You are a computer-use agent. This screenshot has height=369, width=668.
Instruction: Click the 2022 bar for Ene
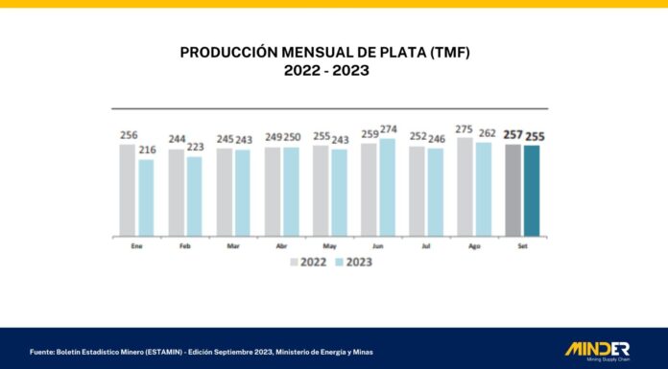[128, 190]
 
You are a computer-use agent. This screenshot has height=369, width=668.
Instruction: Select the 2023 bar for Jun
[387, 187]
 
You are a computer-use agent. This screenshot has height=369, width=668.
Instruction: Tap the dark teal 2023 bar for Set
[531, 191]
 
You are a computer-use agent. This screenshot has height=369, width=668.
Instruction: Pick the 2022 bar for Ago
[465, 187]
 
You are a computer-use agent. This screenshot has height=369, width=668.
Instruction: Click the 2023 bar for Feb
[194, 196]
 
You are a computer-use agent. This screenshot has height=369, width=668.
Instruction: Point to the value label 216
[146, 150]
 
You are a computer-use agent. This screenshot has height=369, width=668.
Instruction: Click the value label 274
[387, 130]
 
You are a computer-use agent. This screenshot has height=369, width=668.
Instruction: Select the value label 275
[465, 129]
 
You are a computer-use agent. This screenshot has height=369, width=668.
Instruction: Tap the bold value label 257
[512, 135]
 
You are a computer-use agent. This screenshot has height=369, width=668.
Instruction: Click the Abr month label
[280, 245]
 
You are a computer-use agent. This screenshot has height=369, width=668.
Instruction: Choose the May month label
[329, 245]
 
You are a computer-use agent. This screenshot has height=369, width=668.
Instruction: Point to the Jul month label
[425, 245]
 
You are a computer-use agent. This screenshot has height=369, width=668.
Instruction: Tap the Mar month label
[232, 245]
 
